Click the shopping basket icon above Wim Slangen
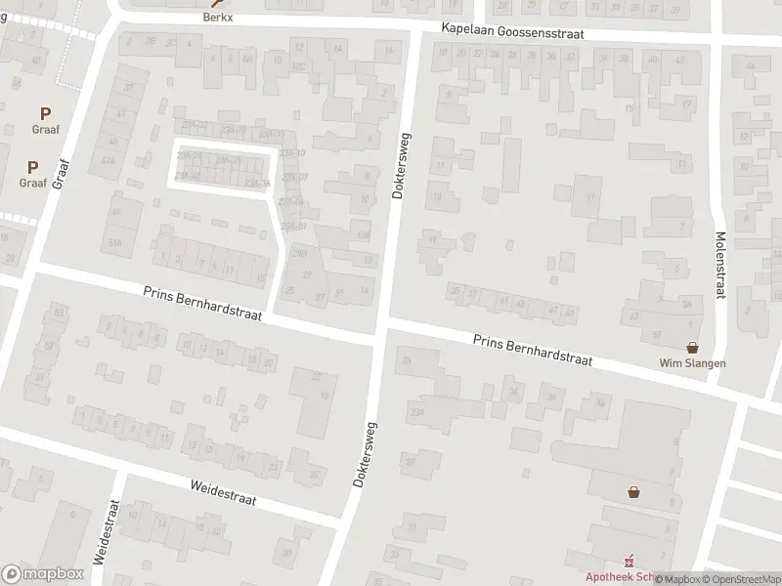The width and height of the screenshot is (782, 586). pyautogui.click(x=694, y=347)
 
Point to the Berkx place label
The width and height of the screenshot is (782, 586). pyautogui.click(x=219, y=17)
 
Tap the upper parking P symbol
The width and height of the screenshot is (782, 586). pyautogui.click(x=45, y=114)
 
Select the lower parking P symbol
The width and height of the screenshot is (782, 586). pyautogui.click(x=32, y=167)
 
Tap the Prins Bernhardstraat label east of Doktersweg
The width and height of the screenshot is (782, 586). pyautogui.click(x=534, y=350)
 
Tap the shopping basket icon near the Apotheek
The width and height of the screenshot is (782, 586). pyautogui.click(x=634, y=492)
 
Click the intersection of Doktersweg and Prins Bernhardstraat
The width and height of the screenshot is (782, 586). pyautogui.click(x=381, y=325)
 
